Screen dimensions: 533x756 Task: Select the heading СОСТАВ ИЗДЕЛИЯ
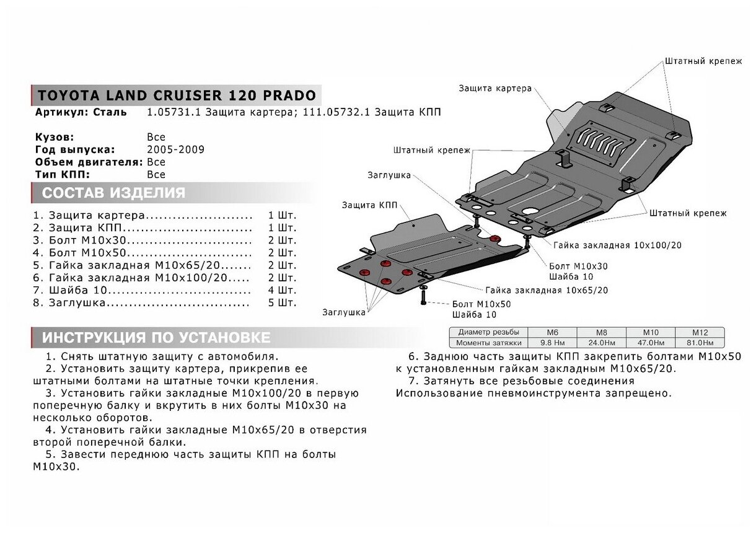pos(113,193)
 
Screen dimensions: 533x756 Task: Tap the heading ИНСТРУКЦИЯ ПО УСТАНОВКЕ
pos(156,338)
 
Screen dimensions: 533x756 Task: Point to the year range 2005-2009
pos(175,149)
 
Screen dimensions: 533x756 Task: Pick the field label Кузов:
pos(55,137)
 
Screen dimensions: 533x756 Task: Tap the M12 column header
pos(699,332)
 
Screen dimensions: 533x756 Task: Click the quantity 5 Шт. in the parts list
pos(282,302)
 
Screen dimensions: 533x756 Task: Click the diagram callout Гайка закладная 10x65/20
pos(547,290)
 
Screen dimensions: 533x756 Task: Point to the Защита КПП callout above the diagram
pos(370,205)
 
